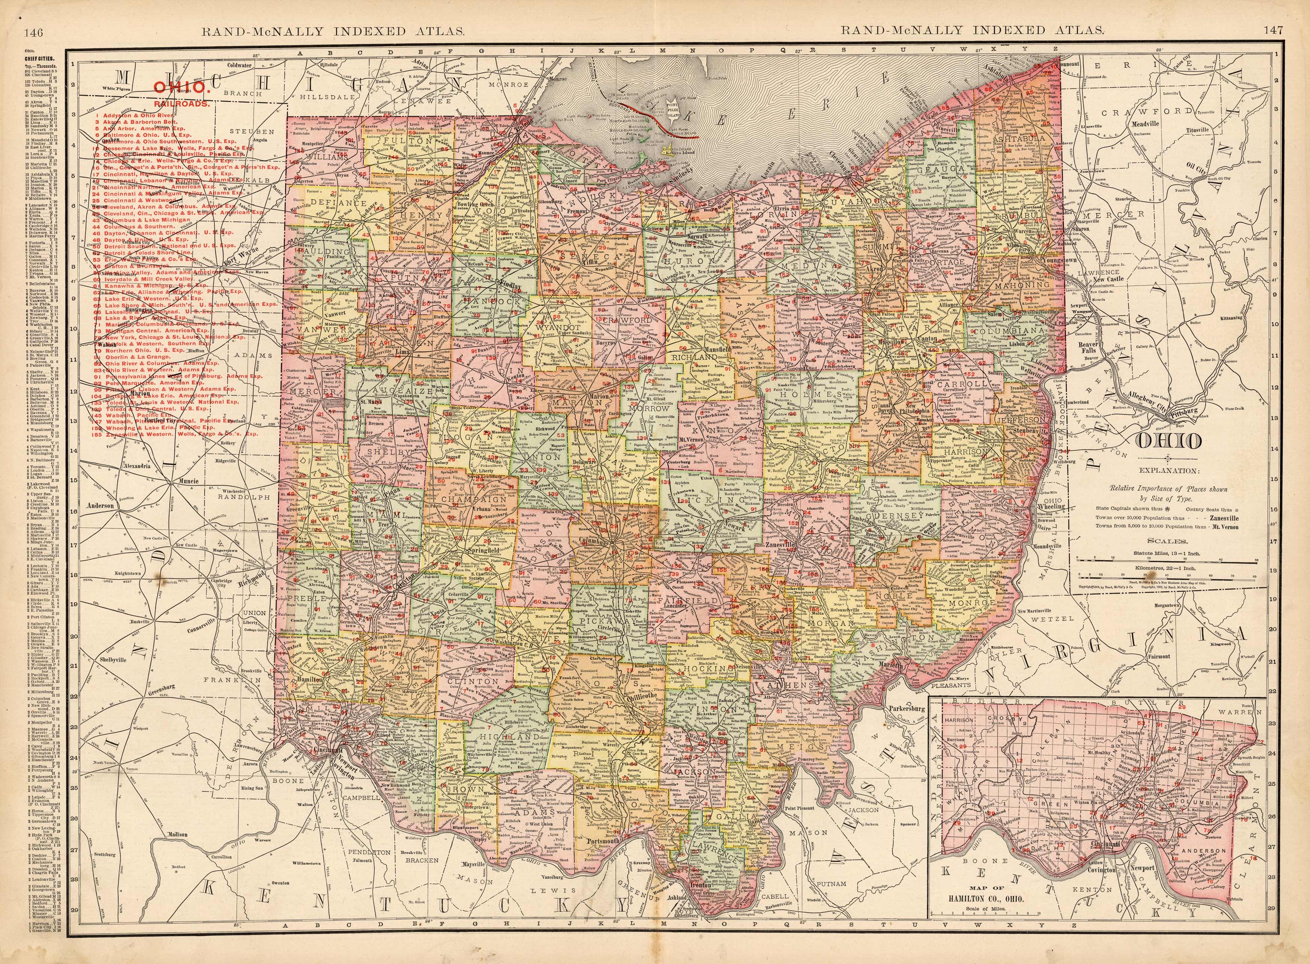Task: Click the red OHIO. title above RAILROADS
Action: (182, 88)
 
